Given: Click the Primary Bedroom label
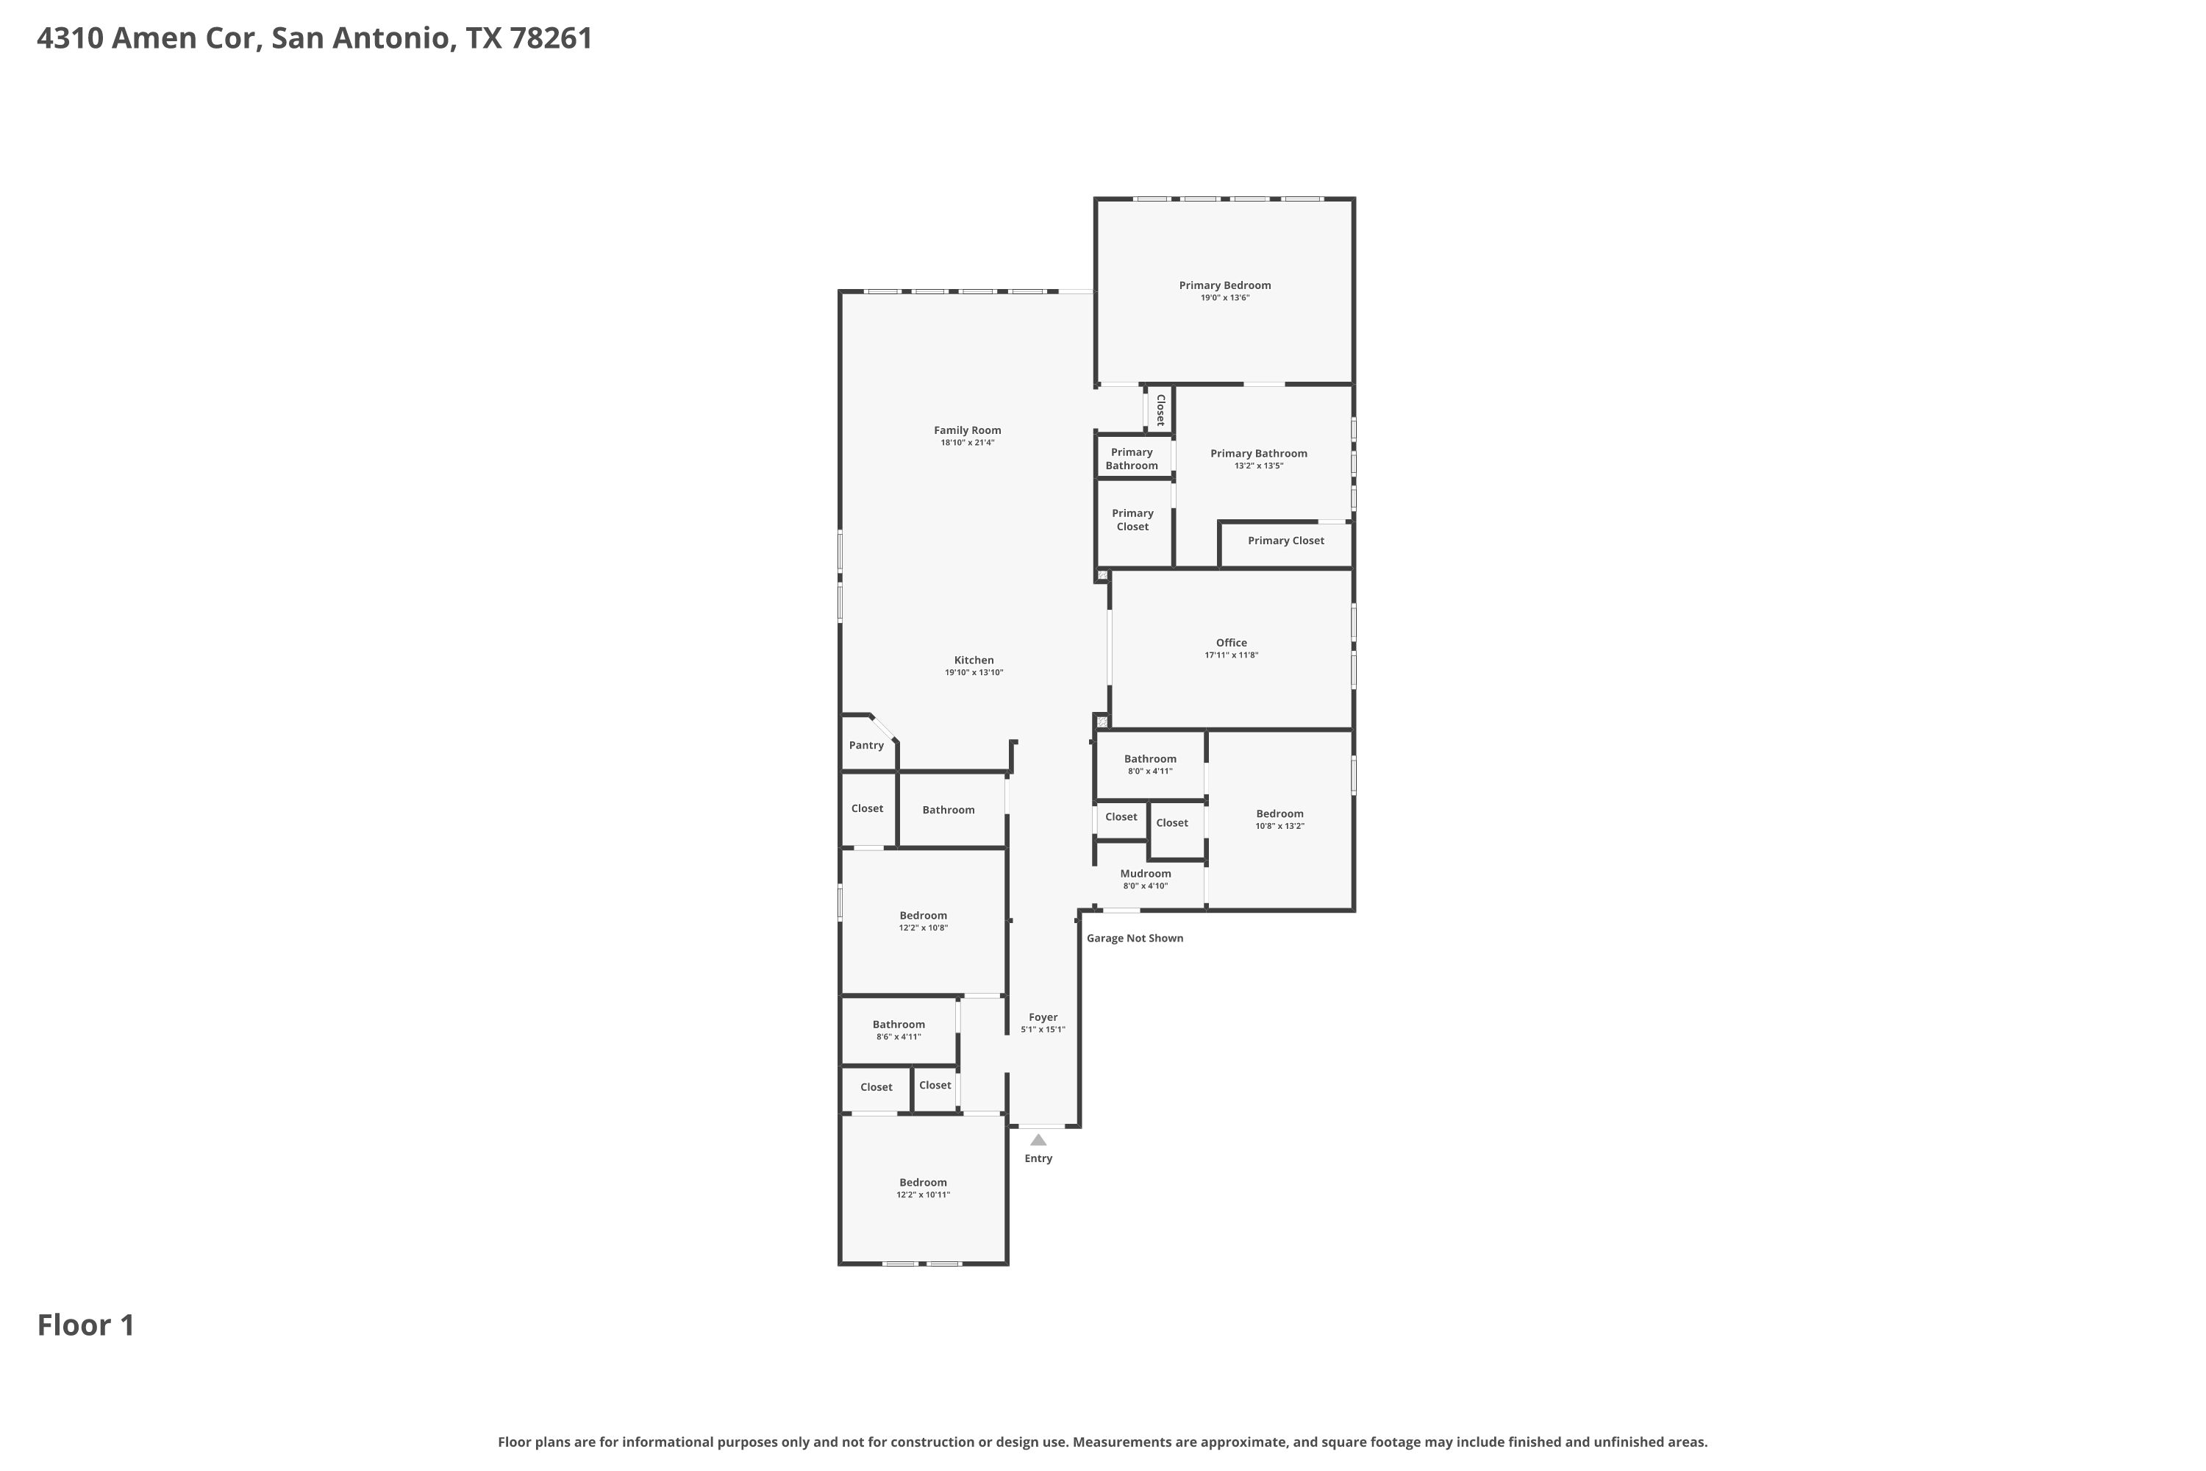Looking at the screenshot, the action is click(x=1225, y=285).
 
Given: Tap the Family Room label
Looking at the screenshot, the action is click(x=967, y=430).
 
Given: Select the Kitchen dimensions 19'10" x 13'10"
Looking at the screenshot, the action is click(x=974, y=673).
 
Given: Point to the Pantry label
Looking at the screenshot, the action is click(x=865, y=746).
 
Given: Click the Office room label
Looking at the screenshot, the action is click(x=1232, y=643).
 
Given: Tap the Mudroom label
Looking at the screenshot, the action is click(x=1145, y=874).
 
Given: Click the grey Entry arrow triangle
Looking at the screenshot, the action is click(x=1038, y=1140).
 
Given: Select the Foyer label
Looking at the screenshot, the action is click(x=1043, y=1017).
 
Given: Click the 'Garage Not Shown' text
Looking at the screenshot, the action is click(x=1135, y=938).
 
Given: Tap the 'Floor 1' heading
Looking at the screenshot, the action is click(x=86, y=1325).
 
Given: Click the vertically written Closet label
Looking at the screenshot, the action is click(x=1160, y=410).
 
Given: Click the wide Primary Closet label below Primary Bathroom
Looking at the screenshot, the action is click(x=1286, y=541).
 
